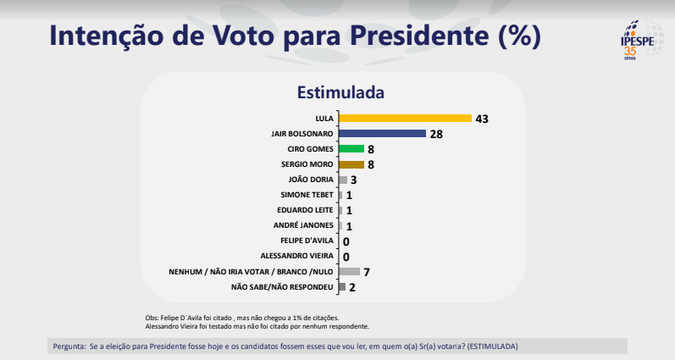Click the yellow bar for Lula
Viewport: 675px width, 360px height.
click(405, 118)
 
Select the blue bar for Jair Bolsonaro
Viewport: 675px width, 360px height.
click(382, 133)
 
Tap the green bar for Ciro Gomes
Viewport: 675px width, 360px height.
click(351, 149)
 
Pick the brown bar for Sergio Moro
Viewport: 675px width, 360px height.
click(351, 164)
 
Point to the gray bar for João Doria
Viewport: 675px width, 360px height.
click(343, 180)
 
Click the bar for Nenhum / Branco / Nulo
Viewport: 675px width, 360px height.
click(349, 272)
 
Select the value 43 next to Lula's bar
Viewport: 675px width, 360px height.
click(483, 118)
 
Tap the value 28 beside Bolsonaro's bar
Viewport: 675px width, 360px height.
click(437, 134)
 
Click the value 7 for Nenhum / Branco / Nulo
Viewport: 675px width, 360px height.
click(367, 272)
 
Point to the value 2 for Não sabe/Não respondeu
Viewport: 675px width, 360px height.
click(351, 287)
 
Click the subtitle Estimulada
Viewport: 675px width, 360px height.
click(338, 91)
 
